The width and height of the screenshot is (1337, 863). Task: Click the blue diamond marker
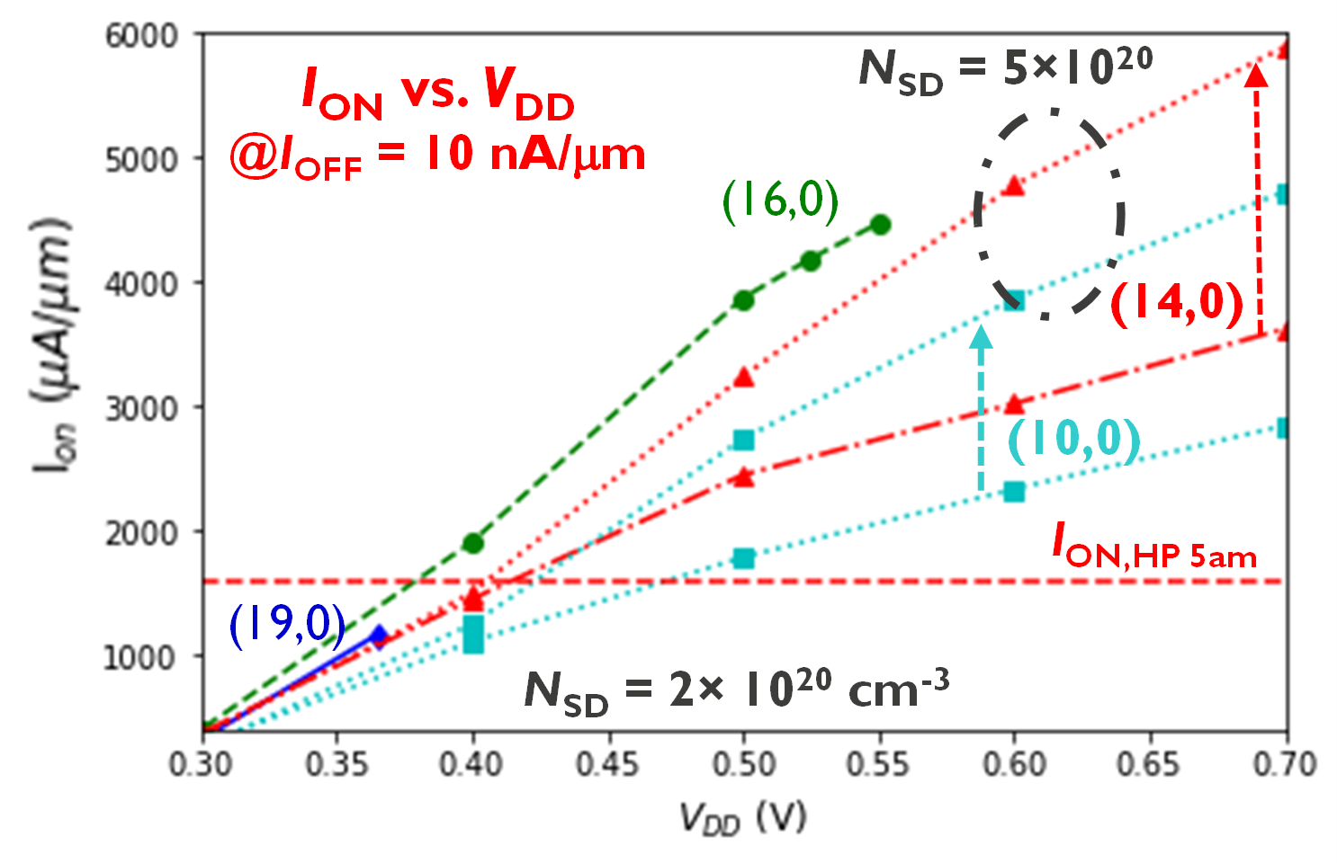click(379, 636)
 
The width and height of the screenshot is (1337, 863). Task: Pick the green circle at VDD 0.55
click(881, 225)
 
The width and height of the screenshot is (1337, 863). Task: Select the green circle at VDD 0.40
click(473, 543)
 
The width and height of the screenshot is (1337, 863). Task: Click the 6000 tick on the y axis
click(142, 36)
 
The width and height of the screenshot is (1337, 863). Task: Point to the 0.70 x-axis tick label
click(1285, 764)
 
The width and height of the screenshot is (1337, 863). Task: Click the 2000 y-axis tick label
click(142, 533)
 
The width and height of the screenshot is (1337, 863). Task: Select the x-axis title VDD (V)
click(743, 817)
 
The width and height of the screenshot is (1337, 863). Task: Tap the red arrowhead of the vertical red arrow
click(1257, 76)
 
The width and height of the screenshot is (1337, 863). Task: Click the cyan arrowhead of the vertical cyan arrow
click(982, 337)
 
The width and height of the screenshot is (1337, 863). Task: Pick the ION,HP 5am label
click(1154, 547)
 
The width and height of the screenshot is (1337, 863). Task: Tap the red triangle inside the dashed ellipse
click(1014, 186)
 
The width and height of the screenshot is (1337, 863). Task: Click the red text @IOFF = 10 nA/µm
click(437, 156)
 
